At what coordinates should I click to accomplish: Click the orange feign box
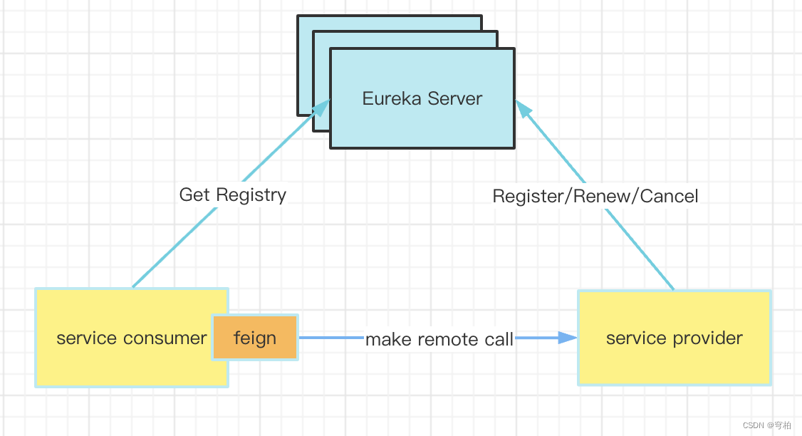point(255,337)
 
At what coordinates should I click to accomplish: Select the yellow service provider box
point(674,338)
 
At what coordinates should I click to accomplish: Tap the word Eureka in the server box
point(388,98)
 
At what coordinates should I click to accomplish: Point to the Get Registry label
point(232,194)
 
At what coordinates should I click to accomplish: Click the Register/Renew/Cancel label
point(595,196)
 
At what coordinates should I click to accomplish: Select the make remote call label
point(439,340)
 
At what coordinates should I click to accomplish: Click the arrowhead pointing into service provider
point(568,338)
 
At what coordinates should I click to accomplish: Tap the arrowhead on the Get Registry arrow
point(321,108)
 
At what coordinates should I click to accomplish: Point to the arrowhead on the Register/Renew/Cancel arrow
point(523,108)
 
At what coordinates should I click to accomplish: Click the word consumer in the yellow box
point(165,338)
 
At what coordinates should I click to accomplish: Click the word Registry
point(251,194)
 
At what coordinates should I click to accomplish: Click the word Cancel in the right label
point(669,196)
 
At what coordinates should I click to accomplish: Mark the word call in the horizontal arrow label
point(498,340)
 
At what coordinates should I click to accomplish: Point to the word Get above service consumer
point(194,194)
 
